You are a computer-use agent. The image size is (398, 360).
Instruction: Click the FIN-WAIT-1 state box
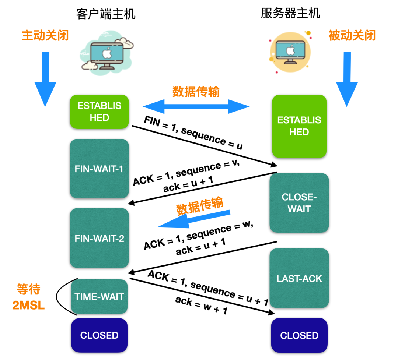[x=99, y=169]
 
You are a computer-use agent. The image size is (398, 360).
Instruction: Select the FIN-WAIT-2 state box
[x=99, y=238]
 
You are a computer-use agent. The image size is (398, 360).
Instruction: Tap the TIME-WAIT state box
[x=99, y=296]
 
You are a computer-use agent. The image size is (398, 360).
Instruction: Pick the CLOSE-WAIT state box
[x=299, y=203]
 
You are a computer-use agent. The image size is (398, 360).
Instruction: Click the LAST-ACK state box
[x=299, y=278]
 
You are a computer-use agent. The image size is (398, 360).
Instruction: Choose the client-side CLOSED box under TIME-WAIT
[x=99, y=335]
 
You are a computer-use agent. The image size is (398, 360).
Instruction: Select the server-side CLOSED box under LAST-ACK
[x=299, y=335]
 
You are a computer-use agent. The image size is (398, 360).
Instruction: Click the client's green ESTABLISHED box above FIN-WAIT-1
[x=99, y=112]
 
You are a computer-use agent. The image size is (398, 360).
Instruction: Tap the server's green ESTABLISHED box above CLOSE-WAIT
[x=299, y=126]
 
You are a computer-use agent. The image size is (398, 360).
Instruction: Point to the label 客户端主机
[x=106, y=14]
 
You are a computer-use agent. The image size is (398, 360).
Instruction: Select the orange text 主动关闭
[x=45, y=35]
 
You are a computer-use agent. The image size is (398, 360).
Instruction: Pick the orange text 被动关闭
[x=352, y=35]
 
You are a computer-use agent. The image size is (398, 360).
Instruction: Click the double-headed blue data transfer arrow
[x=196, y=107]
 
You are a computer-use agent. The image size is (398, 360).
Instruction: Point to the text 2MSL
[x=28, y=305]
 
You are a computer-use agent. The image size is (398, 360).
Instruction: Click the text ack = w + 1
[x=201, y=306]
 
